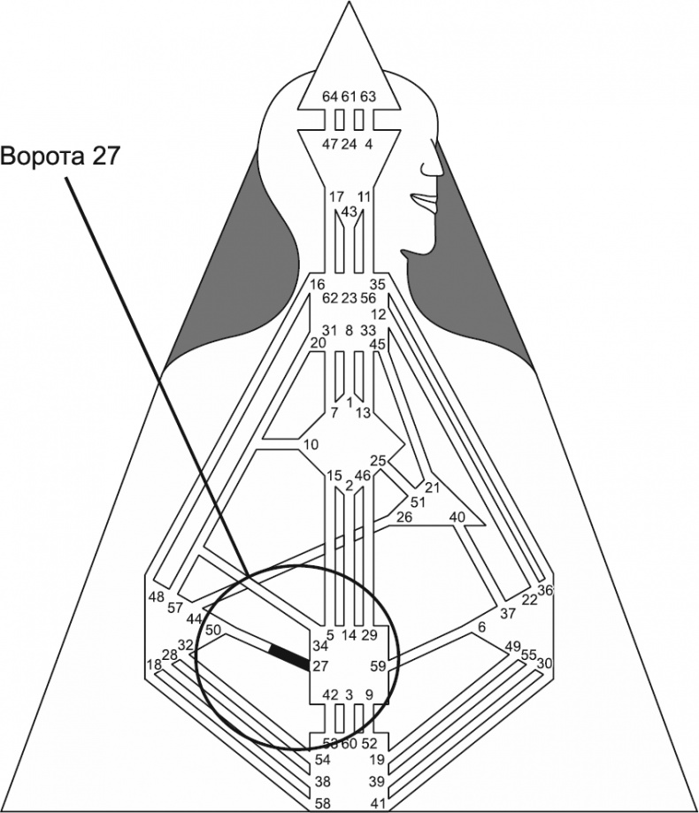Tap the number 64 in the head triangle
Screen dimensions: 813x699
[330, 96]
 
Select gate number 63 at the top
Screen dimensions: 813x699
[368, 96]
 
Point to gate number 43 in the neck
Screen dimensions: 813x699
[349, 212]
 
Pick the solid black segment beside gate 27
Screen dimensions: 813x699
[287, 656]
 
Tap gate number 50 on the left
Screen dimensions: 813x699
[213, 631]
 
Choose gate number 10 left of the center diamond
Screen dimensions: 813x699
[310, 443]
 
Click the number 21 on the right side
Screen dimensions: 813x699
[433, 487]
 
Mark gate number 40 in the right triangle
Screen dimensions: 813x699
[457, 517]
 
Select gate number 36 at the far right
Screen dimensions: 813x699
[546, 590]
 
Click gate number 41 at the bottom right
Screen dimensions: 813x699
[378, 803]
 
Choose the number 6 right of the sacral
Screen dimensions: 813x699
[481, 627]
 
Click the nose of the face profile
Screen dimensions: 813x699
[434, 167]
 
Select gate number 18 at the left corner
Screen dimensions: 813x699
[154, 664]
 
